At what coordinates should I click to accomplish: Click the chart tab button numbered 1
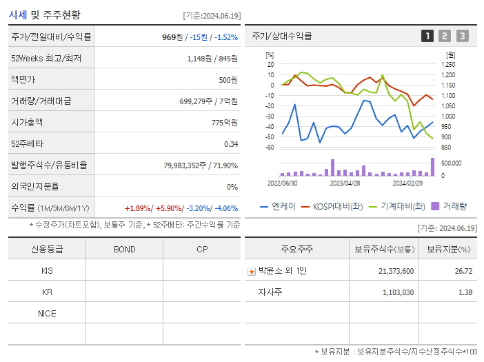[427, 36]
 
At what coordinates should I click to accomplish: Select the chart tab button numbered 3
[462, 36]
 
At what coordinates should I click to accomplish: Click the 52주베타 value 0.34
[230, 144]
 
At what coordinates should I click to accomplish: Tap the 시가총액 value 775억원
[224, 123]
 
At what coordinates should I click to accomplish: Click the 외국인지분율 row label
[35, 186]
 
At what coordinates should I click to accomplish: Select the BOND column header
[124, 250]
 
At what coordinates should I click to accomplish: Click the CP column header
[201, 250]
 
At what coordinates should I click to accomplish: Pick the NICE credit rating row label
[47, 314]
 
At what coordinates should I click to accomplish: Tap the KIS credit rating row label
[47, 271]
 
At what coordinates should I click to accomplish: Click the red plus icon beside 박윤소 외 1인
[252, 271]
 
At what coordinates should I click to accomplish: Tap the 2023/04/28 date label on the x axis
[345, 183]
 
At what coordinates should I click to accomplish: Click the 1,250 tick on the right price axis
[449, 64]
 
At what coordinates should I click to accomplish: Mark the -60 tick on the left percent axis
[270, 148]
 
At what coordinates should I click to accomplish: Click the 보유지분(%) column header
[448, 250]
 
